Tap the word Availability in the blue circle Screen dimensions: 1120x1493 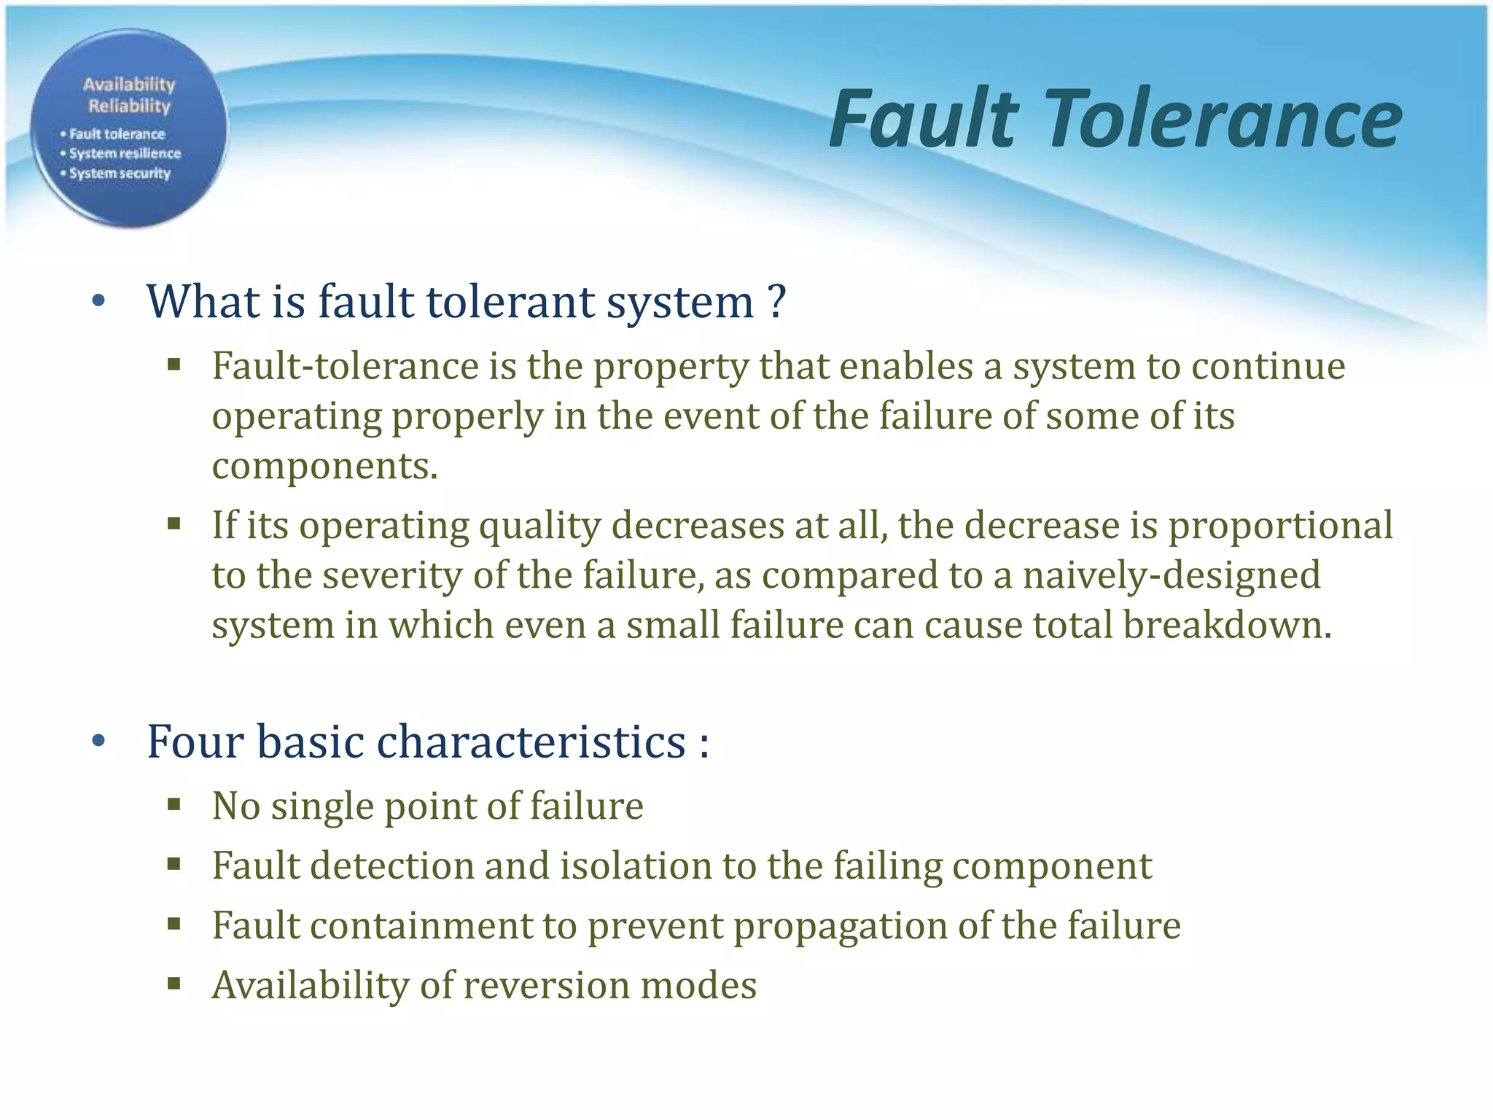pyautogui.click(x=129, y=85)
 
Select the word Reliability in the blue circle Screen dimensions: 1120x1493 pyautogui.click(x=129, y=106)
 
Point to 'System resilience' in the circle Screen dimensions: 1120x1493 pyautogui.click(x=125, y=154)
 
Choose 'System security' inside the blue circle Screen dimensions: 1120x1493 pyautogui.click(x=120, y=174)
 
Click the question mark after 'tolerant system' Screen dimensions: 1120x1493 pyautogui.click(x=776, y=301)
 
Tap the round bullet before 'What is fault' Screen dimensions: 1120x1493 pyautogui.click(x=99, y=301)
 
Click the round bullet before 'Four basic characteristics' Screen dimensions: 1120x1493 pyautogui.click(x=99, y=742)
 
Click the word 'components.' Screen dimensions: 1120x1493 pyautogui.click(x=324, y=466)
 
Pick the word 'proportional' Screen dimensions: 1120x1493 pyautogui.click(x=1280, y=526)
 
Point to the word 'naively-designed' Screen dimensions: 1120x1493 pyautogui.click(x=1171, y=575)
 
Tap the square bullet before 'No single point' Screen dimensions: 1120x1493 pyautogui.click(x=174, y=805)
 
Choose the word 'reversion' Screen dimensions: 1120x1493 pyautogui.click(x=546, y=986)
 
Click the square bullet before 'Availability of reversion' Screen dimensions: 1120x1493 pyautogui.click(x=174, y=984)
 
